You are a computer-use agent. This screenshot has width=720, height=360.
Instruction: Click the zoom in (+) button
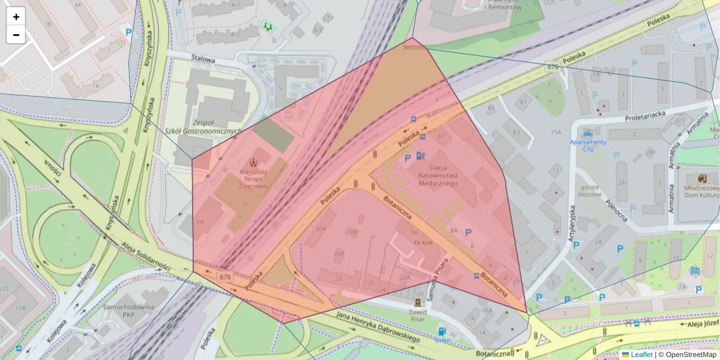click(x=16, y=17)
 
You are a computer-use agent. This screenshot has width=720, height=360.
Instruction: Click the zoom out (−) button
click(x=16, y=35)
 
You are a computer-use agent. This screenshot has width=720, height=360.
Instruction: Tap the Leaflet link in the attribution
click(x=641, y=355)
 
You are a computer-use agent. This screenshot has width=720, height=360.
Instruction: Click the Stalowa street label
click(x=203, y=59)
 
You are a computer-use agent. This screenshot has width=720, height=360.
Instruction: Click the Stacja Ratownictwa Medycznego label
click(x=437, y=175)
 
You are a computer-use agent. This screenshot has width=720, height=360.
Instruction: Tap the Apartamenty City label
click(x=588, y=145)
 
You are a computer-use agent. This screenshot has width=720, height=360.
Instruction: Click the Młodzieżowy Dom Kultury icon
click(x=702, y=178)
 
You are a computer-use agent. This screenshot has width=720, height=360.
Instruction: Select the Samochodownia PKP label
click(x=128, y=310)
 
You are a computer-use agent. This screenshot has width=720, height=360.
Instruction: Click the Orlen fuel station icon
click(x=442, y=331)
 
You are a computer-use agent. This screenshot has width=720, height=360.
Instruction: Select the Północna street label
click(x=616, y=210)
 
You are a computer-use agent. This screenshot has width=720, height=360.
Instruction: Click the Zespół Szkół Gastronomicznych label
click(x=202, y=127)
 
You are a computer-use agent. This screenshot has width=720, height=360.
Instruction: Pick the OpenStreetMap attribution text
click(x=690, y=355)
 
